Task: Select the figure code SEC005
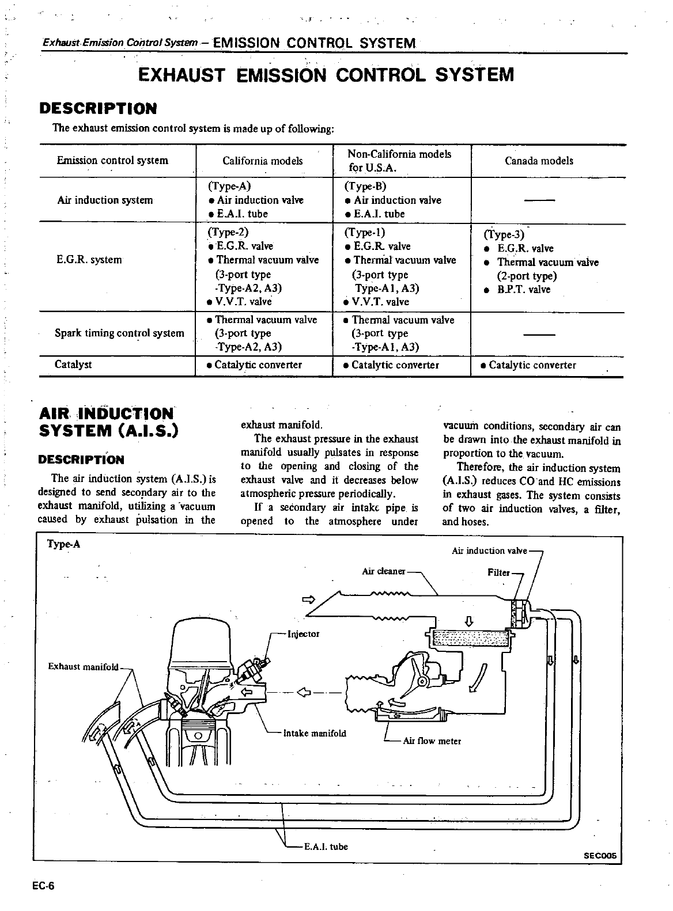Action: (600, 856)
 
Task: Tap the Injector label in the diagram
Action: (303, 634)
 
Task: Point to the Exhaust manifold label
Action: (83, 667)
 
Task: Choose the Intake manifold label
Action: (315, 733)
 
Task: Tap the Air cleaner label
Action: (383, 571)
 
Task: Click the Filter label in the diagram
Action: (498, 573)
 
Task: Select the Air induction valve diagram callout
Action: (489, 551)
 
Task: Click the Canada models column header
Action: (539, 161)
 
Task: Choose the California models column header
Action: (262, 161)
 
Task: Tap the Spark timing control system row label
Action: (119, 333)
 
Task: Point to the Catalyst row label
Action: (73, 365)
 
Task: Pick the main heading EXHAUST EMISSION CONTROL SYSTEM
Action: (326, 75)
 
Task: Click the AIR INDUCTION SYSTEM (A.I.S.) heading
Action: (108, 422)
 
